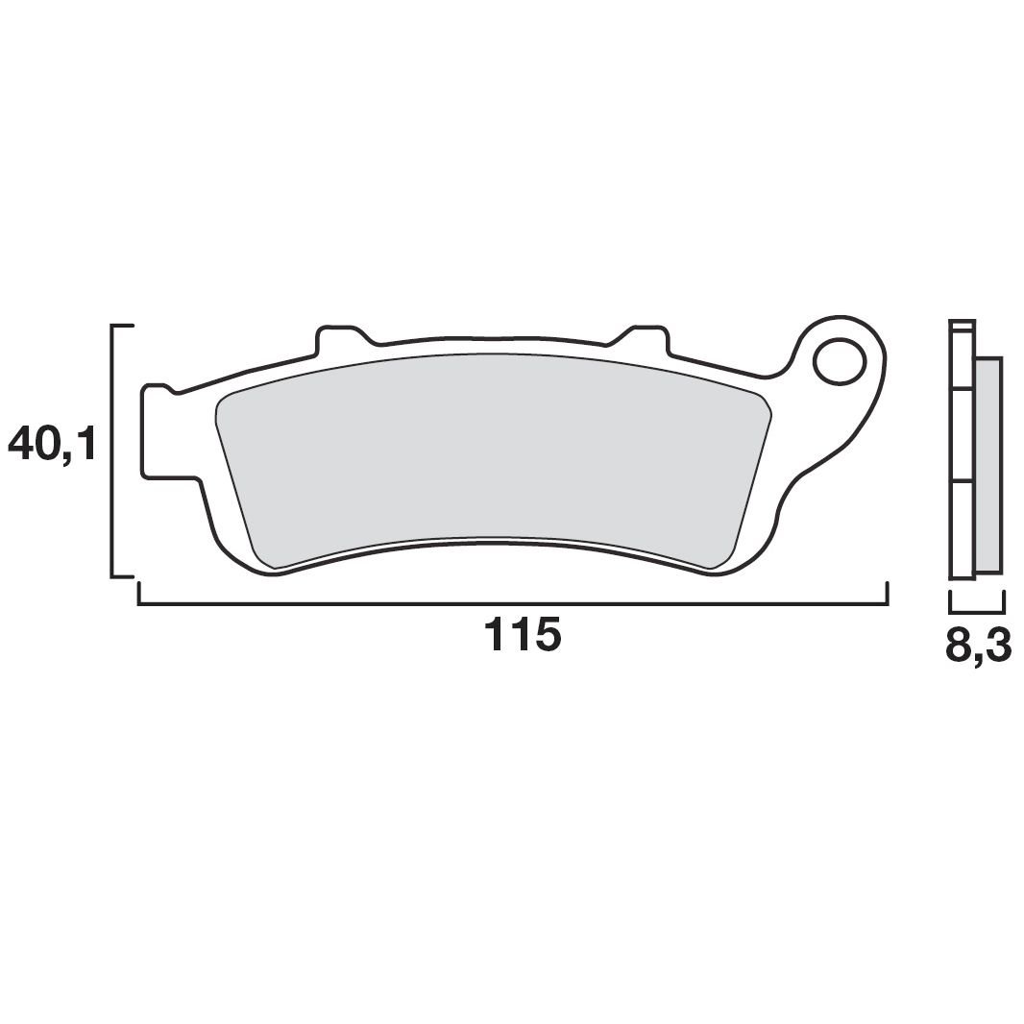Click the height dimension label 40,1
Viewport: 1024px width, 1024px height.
(x=52, y=445)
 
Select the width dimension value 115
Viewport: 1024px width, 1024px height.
(x=522, y=637)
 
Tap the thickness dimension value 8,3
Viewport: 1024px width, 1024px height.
(x=978, y=645)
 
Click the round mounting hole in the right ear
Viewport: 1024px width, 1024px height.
(x=839, y=361)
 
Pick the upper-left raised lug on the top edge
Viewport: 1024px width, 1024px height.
(x=336, y=337)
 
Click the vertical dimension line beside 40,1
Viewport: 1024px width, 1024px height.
(x=113, y=451)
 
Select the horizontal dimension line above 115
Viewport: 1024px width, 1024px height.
(x=512, y=604)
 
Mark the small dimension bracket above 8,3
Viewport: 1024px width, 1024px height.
(x=977, y=611)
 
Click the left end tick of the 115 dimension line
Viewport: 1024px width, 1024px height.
(x=139, y=594)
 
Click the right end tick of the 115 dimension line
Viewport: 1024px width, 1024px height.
(x=885, y=594)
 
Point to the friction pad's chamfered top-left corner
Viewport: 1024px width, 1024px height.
(x=222, y=404)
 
